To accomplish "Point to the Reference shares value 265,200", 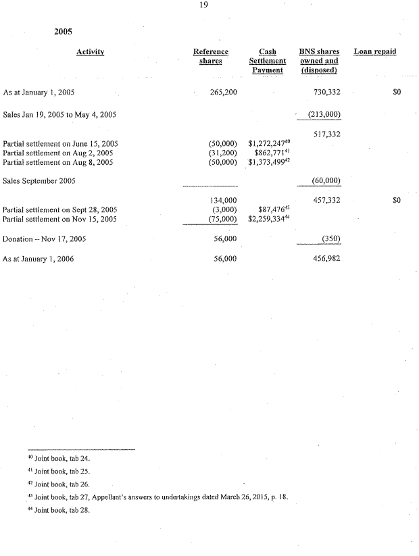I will pyautogui.click(x=223, y=92).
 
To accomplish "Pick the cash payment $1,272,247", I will pyautogui.click(x=269, y=144).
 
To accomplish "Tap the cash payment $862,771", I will pyautogui.click(x=272, y=153).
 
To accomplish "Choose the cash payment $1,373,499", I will pyautogui.click(x=269, y=163).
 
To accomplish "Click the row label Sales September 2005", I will pyautogui.click(x=39, y=181).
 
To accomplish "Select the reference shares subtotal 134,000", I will pyautogui.click(x=224, y=201).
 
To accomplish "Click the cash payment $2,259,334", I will pyautogui.click(x=269, y=220).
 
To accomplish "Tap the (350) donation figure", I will pyautogui.click(x=331, y=239).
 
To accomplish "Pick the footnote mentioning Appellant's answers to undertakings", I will pyautogui.click(x=165, y=498).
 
